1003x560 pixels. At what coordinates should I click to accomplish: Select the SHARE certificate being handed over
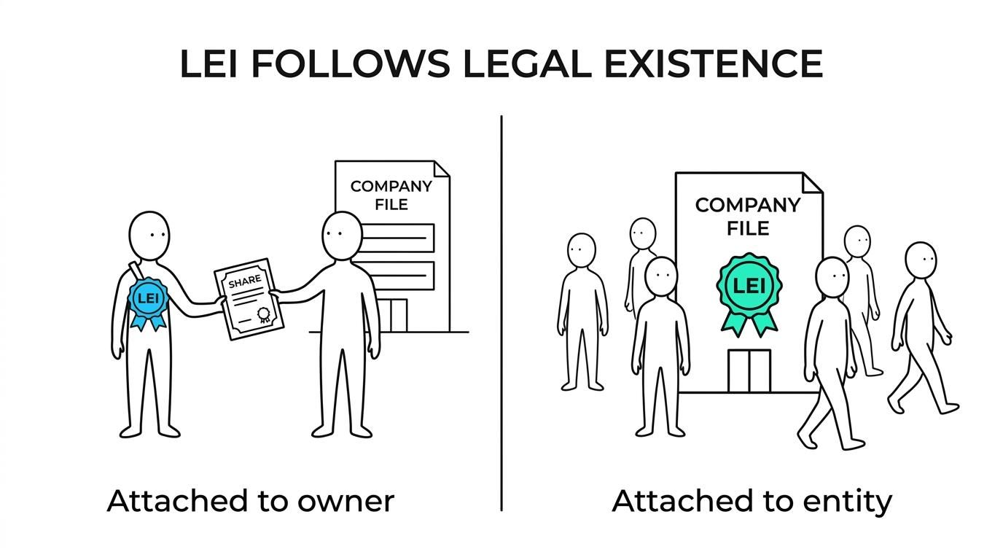point(249,298)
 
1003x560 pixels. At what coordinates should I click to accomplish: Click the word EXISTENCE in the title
point(713,63)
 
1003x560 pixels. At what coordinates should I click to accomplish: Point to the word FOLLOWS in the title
point(350,63)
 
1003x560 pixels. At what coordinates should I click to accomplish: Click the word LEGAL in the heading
point(526,63)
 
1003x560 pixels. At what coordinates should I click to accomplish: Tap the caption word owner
point(346,502)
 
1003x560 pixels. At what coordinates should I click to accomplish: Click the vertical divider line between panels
point(501,313)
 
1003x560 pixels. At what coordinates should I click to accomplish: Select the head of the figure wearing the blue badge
point(149,236)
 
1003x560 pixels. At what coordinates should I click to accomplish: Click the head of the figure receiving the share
point(342,236)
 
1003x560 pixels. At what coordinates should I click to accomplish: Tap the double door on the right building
point(749,371)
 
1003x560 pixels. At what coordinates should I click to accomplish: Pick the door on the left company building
point(393,316)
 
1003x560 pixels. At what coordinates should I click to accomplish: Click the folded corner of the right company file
point(812,183)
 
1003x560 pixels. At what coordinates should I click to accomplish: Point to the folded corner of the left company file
point(442,168)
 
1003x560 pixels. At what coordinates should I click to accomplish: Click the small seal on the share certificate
point(264,314)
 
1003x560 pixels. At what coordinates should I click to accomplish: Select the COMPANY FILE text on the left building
point(391,195)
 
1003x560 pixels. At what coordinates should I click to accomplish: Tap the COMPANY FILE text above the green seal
point(748,217)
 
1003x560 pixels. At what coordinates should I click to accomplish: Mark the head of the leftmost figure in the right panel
point(581,250)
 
